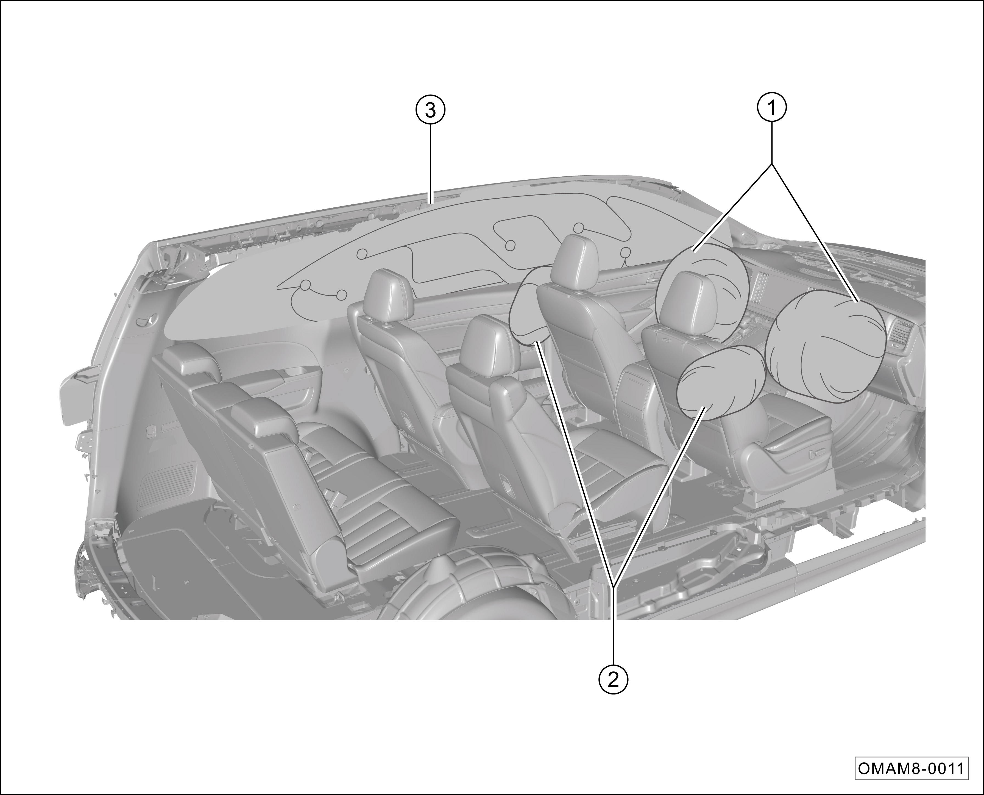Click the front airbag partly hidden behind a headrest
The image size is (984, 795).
701,293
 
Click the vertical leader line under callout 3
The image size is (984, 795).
430,164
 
